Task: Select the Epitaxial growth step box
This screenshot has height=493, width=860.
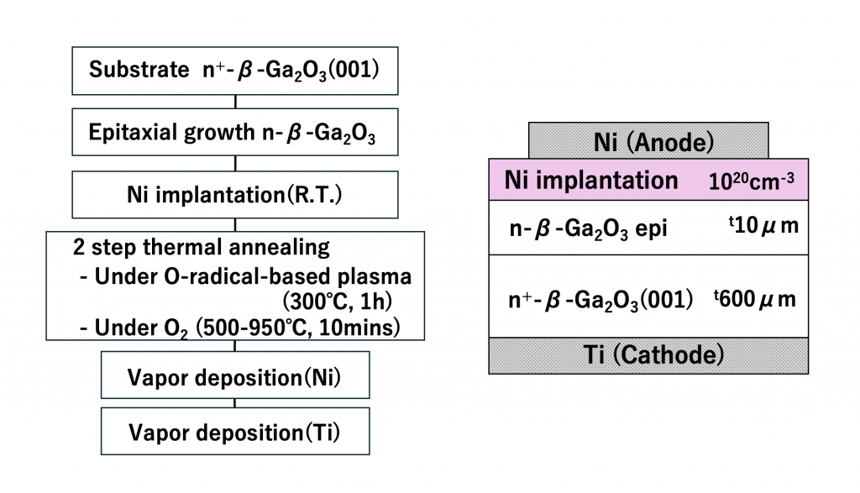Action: [x=234, y=134]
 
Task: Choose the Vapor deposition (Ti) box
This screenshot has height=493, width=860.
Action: [x=234, y=432]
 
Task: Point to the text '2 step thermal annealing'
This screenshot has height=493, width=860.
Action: [x=202, y=249]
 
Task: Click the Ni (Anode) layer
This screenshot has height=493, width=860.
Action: [x=648, y=141]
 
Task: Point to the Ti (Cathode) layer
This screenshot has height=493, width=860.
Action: [x=648, y=355]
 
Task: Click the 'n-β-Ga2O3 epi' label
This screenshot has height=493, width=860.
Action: [x=587, y=229]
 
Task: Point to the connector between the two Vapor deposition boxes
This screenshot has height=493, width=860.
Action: [x=234, y=403]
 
